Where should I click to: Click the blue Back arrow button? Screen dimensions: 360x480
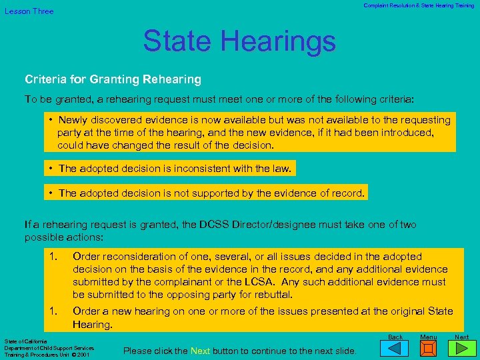(395, 347)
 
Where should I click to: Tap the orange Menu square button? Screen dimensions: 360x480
(429, 348)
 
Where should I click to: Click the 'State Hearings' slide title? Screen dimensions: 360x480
(239, 41)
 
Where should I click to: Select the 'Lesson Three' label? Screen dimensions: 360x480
(29, 11)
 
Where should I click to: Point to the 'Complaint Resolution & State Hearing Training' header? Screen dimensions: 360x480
(419, 5)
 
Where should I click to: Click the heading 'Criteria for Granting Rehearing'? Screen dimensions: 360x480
(113, 79)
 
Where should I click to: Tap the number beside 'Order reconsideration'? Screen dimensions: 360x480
(53, 257)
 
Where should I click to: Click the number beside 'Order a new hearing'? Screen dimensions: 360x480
(53, 311)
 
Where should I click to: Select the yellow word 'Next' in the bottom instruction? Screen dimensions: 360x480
(200, 351)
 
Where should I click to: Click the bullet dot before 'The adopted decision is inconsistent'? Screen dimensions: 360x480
(51, 169)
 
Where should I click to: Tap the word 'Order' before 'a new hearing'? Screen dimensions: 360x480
(87, 311)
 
